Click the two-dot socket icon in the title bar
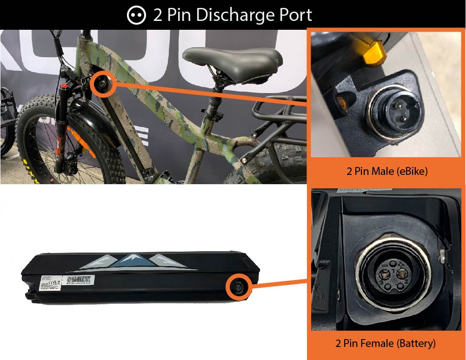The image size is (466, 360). (136, 15)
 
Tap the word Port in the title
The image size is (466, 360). (293, 15)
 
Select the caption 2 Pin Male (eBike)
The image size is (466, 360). (387, 171)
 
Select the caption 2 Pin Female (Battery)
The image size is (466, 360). (386, 344)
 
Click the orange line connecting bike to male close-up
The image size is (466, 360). (209, 95)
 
